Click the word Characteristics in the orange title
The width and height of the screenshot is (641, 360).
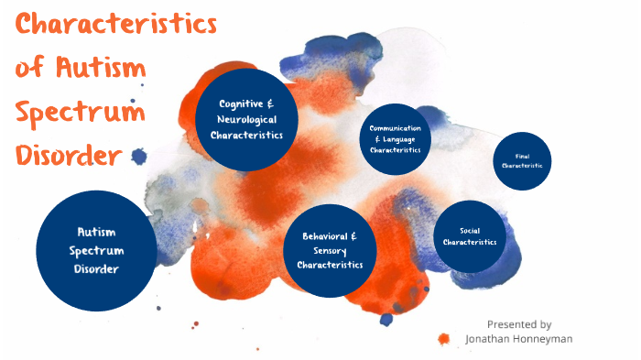coord(116,25)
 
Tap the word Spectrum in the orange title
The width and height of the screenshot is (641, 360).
coord(81,114)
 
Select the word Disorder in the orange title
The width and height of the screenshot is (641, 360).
coord(69,156)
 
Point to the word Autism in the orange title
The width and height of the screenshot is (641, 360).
coord(106,69)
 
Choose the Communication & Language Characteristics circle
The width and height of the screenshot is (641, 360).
coord(396,138)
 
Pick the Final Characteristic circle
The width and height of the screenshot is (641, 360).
coord(522,160)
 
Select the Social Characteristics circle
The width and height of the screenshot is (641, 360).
coord(470,236)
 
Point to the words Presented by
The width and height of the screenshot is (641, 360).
coord(519,323)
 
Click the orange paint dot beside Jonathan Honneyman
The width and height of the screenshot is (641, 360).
coord(444,339)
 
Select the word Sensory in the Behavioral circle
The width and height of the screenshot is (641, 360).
coord(331,250)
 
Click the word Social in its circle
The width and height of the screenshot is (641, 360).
coord(471,230)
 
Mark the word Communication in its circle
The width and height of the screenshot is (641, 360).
coord(396,128)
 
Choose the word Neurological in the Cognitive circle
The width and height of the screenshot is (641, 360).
coord(246,120)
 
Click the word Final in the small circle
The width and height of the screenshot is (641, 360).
coord(522,156)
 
